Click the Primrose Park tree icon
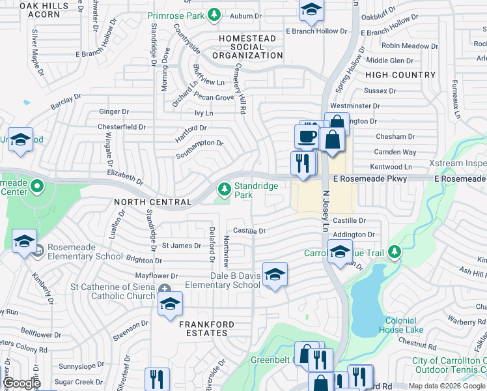pyautogui.click(x=214, y=15)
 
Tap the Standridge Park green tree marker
pyautogui.click(x=225, y=189)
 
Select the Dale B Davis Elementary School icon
pyautogui.click(x=275, y=274)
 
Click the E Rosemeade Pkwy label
pyautogui.click(x=370, y=179)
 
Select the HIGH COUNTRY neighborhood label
pyautogui.click(x=400, y=75)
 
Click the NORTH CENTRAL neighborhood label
pyautogui.click(x=152, y=202)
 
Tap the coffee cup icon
pyautogui.click(x=307, y=138)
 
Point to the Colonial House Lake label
pyautogui.click(x=406, y=325)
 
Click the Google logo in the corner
pyautogui.click(x=21, y=383)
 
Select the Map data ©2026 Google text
pyautogui.click(x=447, y=386)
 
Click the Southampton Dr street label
pyautogui.click(x=200, y=148)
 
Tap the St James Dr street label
pyautogui.click(x=181, y=246)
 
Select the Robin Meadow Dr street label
pyautogui.click(x=410, y=46)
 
